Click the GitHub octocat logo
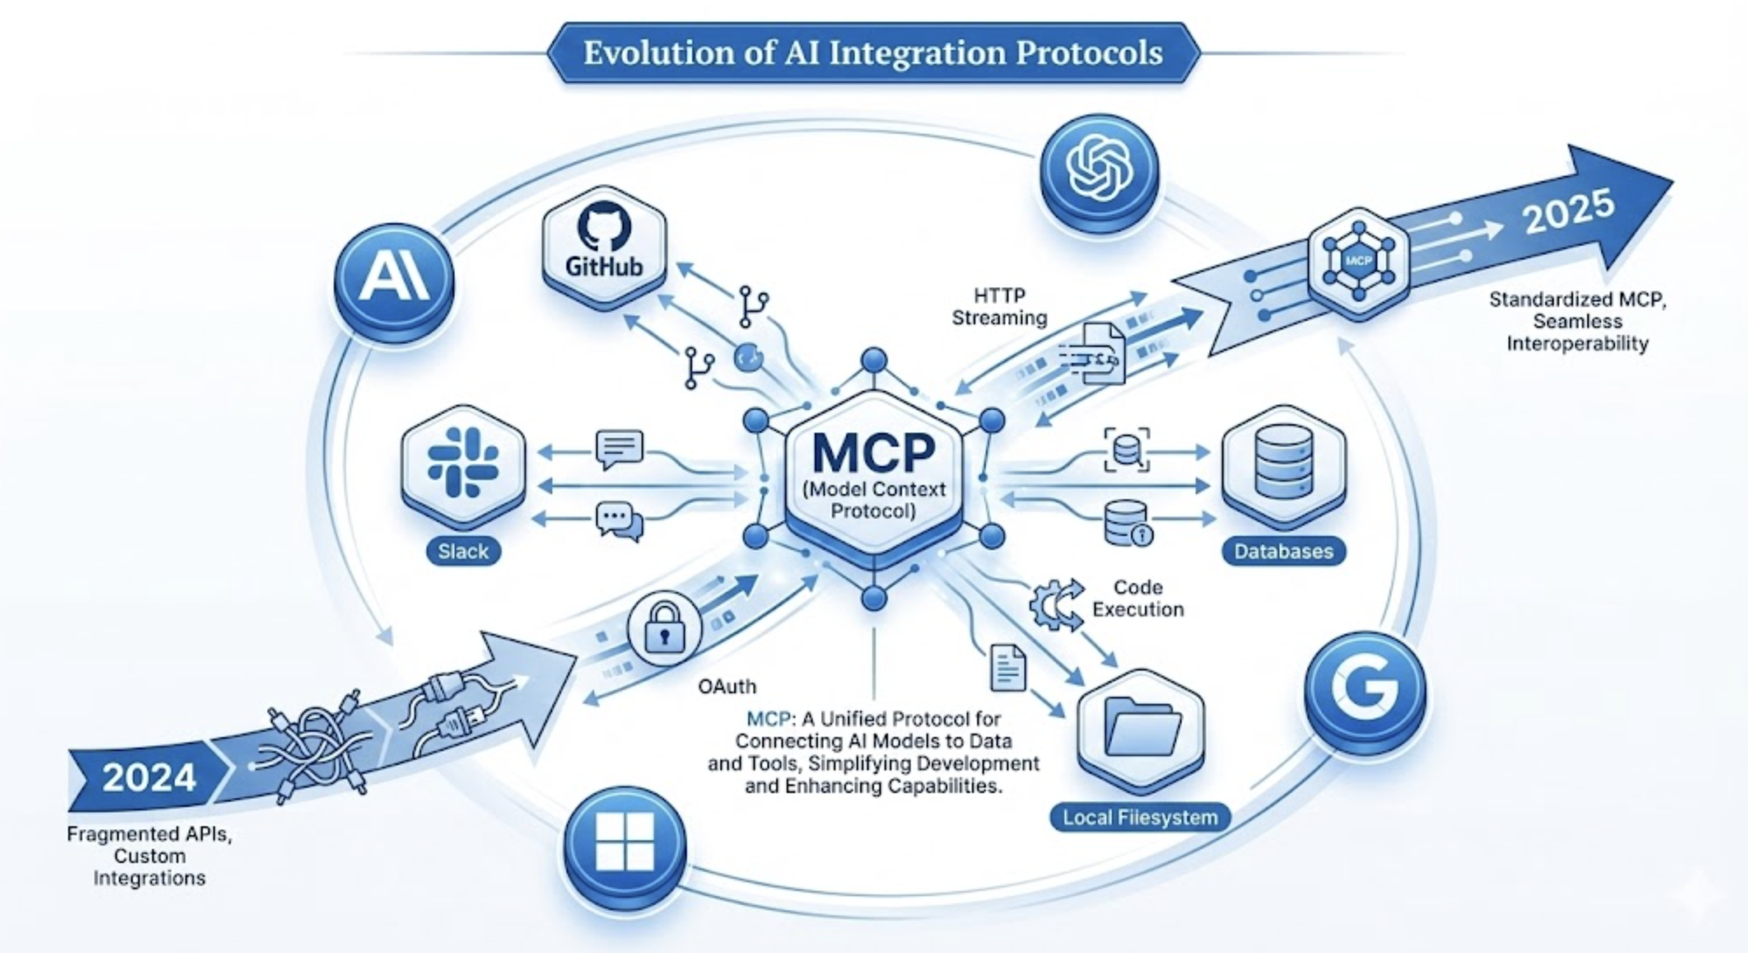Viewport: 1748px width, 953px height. point(604,226)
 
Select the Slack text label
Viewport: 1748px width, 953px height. point(463,552)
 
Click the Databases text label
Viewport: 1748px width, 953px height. point(1283,552)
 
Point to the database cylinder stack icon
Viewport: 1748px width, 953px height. point(1283,461)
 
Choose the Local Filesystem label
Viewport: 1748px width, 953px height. point(1140,818)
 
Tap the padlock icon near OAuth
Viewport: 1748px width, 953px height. point(664,628)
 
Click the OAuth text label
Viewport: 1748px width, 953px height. point(727,687)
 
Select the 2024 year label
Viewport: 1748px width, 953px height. point(149,777)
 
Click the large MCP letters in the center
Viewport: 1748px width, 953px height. point(873,452)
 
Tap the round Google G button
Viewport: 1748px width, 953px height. point(1364,685)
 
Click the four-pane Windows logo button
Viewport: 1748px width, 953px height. point(624,842)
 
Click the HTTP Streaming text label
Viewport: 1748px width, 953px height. point(999,307)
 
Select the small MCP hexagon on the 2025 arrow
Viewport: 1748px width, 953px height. point(1358,261)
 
